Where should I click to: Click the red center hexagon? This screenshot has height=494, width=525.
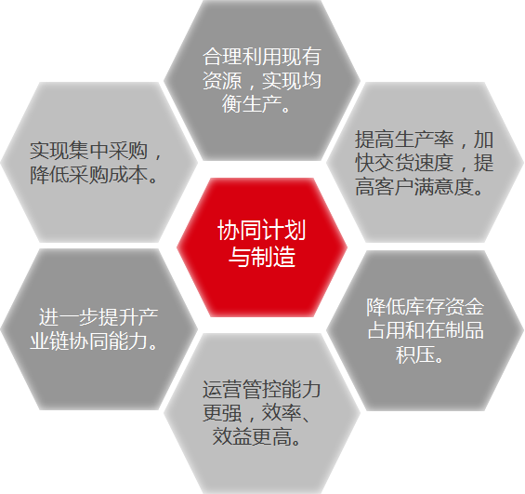coord(262,247)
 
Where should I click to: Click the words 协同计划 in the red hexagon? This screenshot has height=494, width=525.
coord(261,230)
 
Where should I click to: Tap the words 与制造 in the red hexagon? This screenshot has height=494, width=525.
coord(262,257)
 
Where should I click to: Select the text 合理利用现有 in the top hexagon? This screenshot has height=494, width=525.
coord(262,57)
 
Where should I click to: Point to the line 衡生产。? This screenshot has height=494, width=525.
coord(256,103)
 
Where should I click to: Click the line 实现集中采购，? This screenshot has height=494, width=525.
coord(96,151)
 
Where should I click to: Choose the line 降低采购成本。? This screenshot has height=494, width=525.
coord(94,175)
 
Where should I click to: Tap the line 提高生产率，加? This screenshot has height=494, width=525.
coord(425,140)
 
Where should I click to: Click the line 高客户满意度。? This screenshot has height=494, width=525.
coord(419,186)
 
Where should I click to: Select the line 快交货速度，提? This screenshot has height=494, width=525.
coord(425,163)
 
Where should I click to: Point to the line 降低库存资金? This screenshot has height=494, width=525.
coord(426,307)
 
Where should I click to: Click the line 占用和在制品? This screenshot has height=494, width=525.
coord(426,330)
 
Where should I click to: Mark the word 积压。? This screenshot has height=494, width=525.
coord(420,354)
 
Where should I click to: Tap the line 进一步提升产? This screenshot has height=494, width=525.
coord(98,317)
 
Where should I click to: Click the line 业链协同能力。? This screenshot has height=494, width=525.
coord(94,341)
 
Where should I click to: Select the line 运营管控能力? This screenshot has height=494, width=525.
coord(262,390)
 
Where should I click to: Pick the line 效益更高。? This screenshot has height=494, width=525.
coord(257,436)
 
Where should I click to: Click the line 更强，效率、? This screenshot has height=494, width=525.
coord(256,413)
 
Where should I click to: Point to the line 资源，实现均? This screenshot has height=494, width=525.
coord(262,80)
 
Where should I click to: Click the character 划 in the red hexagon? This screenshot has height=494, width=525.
coord(295,230)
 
